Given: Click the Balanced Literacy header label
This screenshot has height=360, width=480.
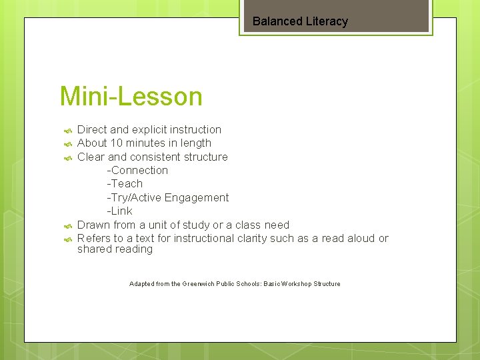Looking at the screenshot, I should click(x=300, y=21).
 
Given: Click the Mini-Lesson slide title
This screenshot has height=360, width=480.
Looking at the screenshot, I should click(x=131, y=97).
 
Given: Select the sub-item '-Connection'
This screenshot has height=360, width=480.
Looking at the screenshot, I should click(x=137, y=171).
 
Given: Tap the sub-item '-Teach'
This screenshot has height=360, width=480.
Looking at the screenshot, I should click(x=125, y=184).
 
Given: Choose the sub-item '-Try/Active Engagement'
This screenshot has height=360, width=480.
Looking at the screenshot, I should click(x=167, y=198).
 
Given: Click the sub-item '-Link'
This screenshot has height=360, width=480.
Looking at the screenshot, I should click(x=119, y=211).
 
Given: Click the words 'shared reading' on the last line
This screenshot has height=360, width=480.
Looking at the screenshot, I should click(x=115, y=249).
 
